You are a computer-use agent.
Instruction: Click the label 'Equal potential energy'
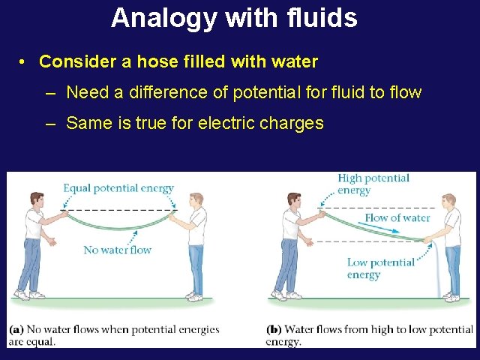click(118, 188)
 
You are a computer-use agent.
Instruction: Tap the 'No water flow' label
click(117, 250)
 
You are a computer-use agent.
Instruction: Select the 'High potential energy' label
click(373, 184)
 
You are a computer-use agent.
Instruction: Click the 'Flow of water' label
click(397, 217)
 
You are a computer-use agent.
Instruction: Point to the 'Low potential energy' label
click(380, 268)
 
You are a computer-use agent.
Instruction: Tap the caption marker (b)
click(274, 329)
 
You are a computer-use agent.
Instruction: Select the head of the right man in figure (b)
click(448, 202)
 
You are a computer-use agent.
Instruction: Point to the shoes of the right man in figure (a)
click(194, 296)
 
